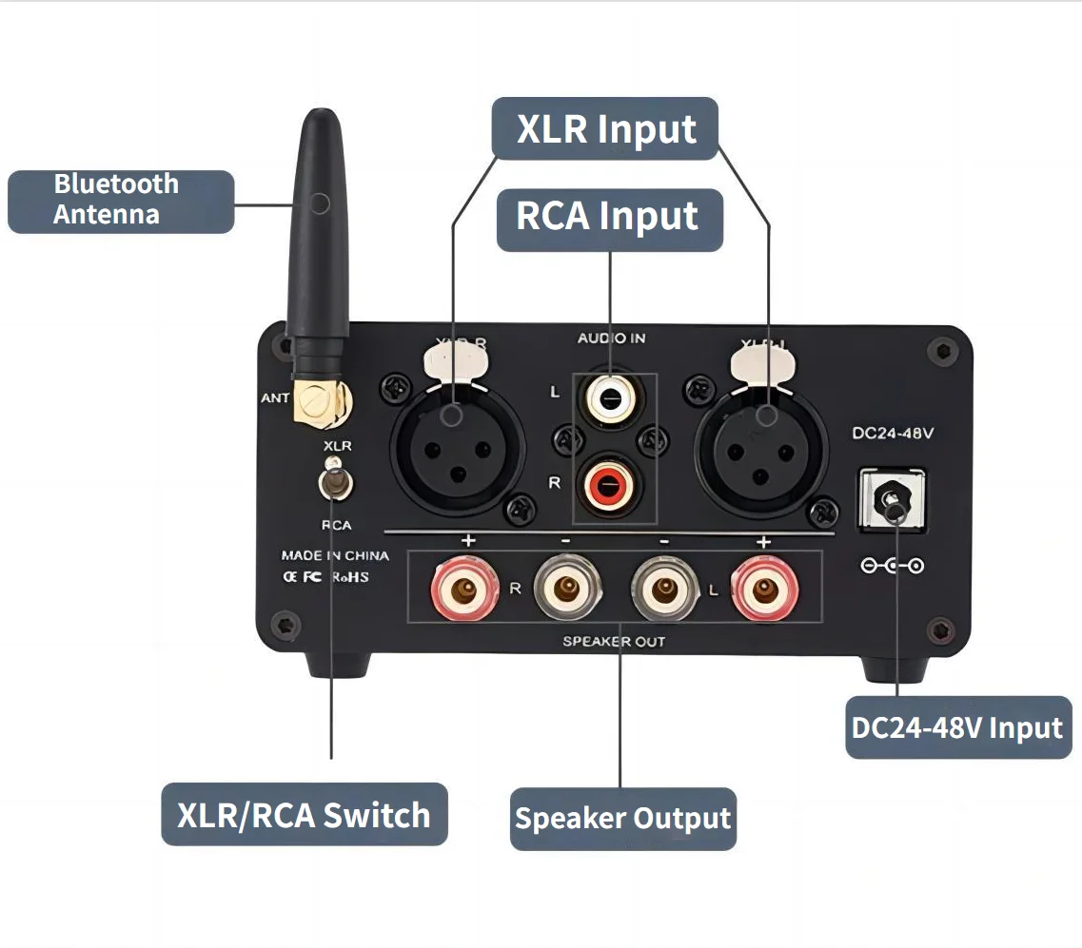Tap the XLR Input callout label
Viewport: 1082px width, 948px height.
(605, 128)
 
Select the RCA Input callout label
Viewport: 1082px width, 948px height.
(609, 217)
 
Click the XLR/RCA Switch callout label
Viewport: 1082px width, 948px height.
(304, 815)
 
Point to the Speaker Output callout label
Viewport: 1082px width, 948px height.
(623, 818)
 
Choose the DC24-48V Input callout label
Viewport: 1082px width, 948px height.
(957, 728)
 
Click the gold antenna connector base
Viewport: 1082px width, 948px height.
(316, 402)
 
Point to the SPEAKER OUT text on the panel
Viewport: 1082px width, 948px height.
(614, 642)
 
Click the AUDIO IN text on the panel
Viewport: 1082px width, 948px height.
(612, 339)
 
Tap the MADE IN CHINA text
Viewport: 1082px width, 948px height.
(334, 555)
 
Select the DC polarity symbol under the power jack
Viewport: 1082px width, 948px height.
(892, 567)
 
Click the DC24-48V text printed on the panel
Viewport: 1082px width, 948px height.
(892, 434)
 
